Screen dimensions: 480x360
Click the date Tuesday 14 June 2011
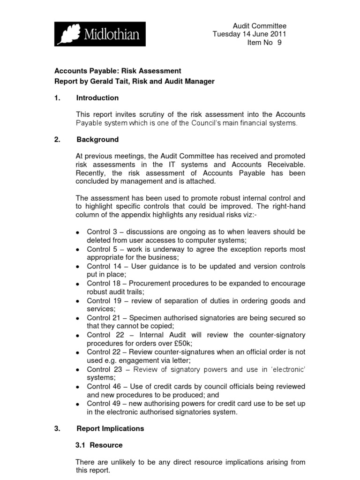click(x=249, y=34)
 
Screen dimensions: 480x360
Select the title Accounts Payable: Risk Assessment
click(x=118, y=71)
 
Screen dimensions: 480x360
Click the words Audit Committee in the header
click(x=260, y=26)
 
